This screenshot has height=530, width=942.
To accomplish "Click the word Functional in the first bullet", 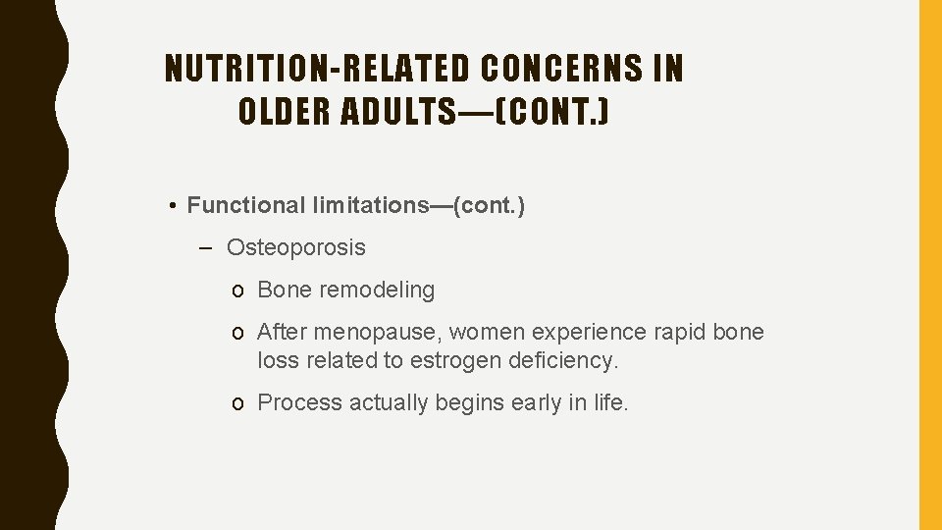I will (246, 205).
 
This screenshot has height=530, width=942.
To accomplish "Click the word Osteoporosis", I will (295, 247).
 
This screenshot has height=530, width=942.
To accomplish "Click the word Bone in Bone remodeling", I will (282, 290).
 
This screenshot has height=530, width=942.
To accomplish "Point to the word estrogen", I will (454, 360).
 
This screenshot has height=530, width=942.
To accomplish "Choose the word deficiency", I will (563, 360).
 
